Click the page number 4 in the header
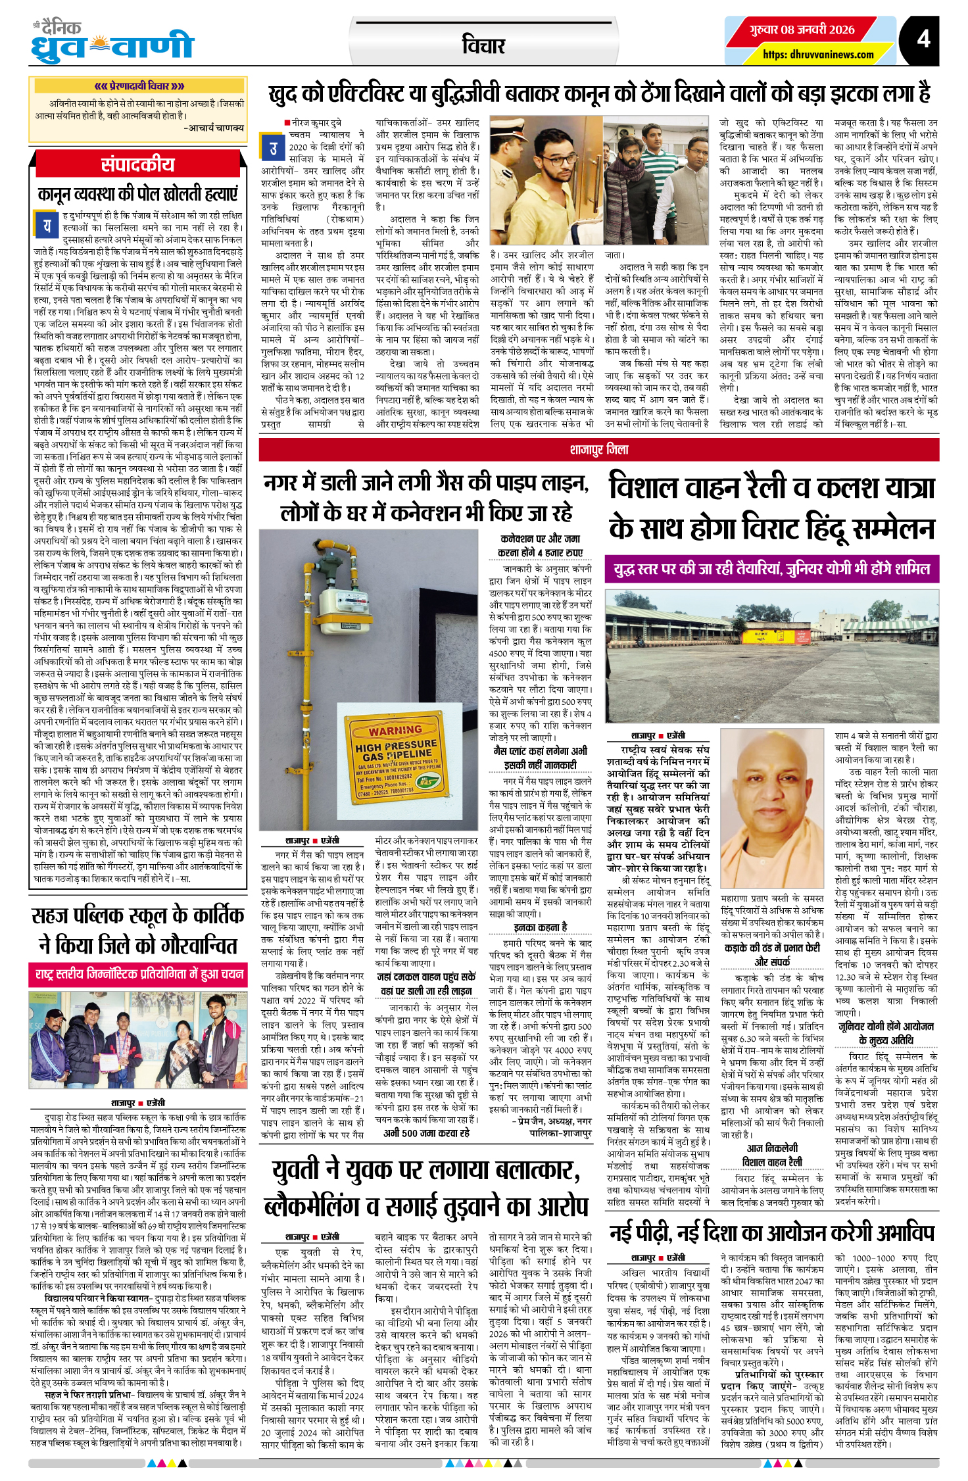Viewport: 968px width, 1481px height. [x=923, y=39]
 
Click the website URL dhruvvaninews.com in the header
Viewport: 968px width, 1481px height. [x=818, y=55]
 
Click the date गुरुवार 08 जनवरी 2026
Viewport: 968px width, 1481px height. [x=802, y=30]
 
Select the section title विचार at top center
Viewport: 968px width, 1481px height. [x=483, y=45]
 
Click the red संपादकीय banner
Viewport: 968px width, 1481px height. [x=138, y=164]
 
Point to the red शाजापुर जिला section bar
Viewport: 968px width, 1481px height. [x=598, y=450]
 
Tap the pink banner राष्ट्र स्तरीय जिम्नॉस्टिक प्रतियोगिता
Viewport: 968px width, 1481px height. [x=138, y=975]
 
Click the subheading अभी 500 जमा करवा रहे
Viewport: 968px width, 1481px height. [x=426, y=1132]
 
